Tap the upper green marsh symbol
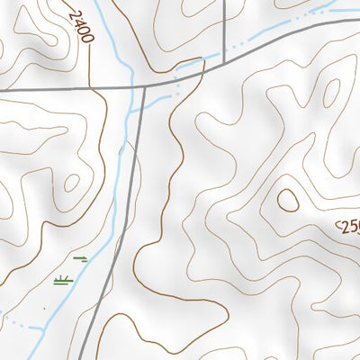point(81,258)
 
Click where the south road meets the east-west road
point(142,86)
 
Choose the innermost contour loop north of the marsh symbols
point(71,183)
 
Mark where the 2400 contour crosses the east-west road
point(93,89)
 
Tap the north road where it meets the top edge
point(223,3)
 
